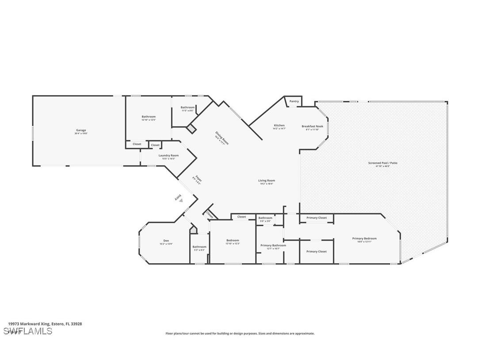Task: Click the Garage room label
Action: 80,130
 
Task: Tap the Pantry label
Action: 294,101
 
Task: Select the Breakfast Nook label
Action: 312,126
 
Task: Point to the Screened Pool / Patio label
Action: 383,163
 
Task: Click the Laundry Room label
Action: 168,156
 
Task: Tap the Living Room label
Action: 267,180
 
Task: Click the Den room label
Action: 166,241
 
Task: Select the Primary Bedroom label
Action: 364,239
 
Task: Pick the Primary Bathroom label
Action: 273,245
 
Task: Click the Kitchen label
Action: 279,126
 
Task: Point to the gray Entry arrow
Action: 181,200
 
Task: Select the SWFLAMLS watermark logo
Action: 28,331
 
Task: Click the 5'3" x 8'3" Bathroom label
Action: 199,247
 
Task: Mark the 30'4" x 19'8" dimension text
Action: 80,133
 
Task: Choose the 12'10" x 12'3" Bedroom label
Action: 232,241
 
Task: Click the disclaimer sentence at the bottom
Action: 240,333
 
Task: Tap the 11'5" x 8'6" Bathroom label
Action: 187,107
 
